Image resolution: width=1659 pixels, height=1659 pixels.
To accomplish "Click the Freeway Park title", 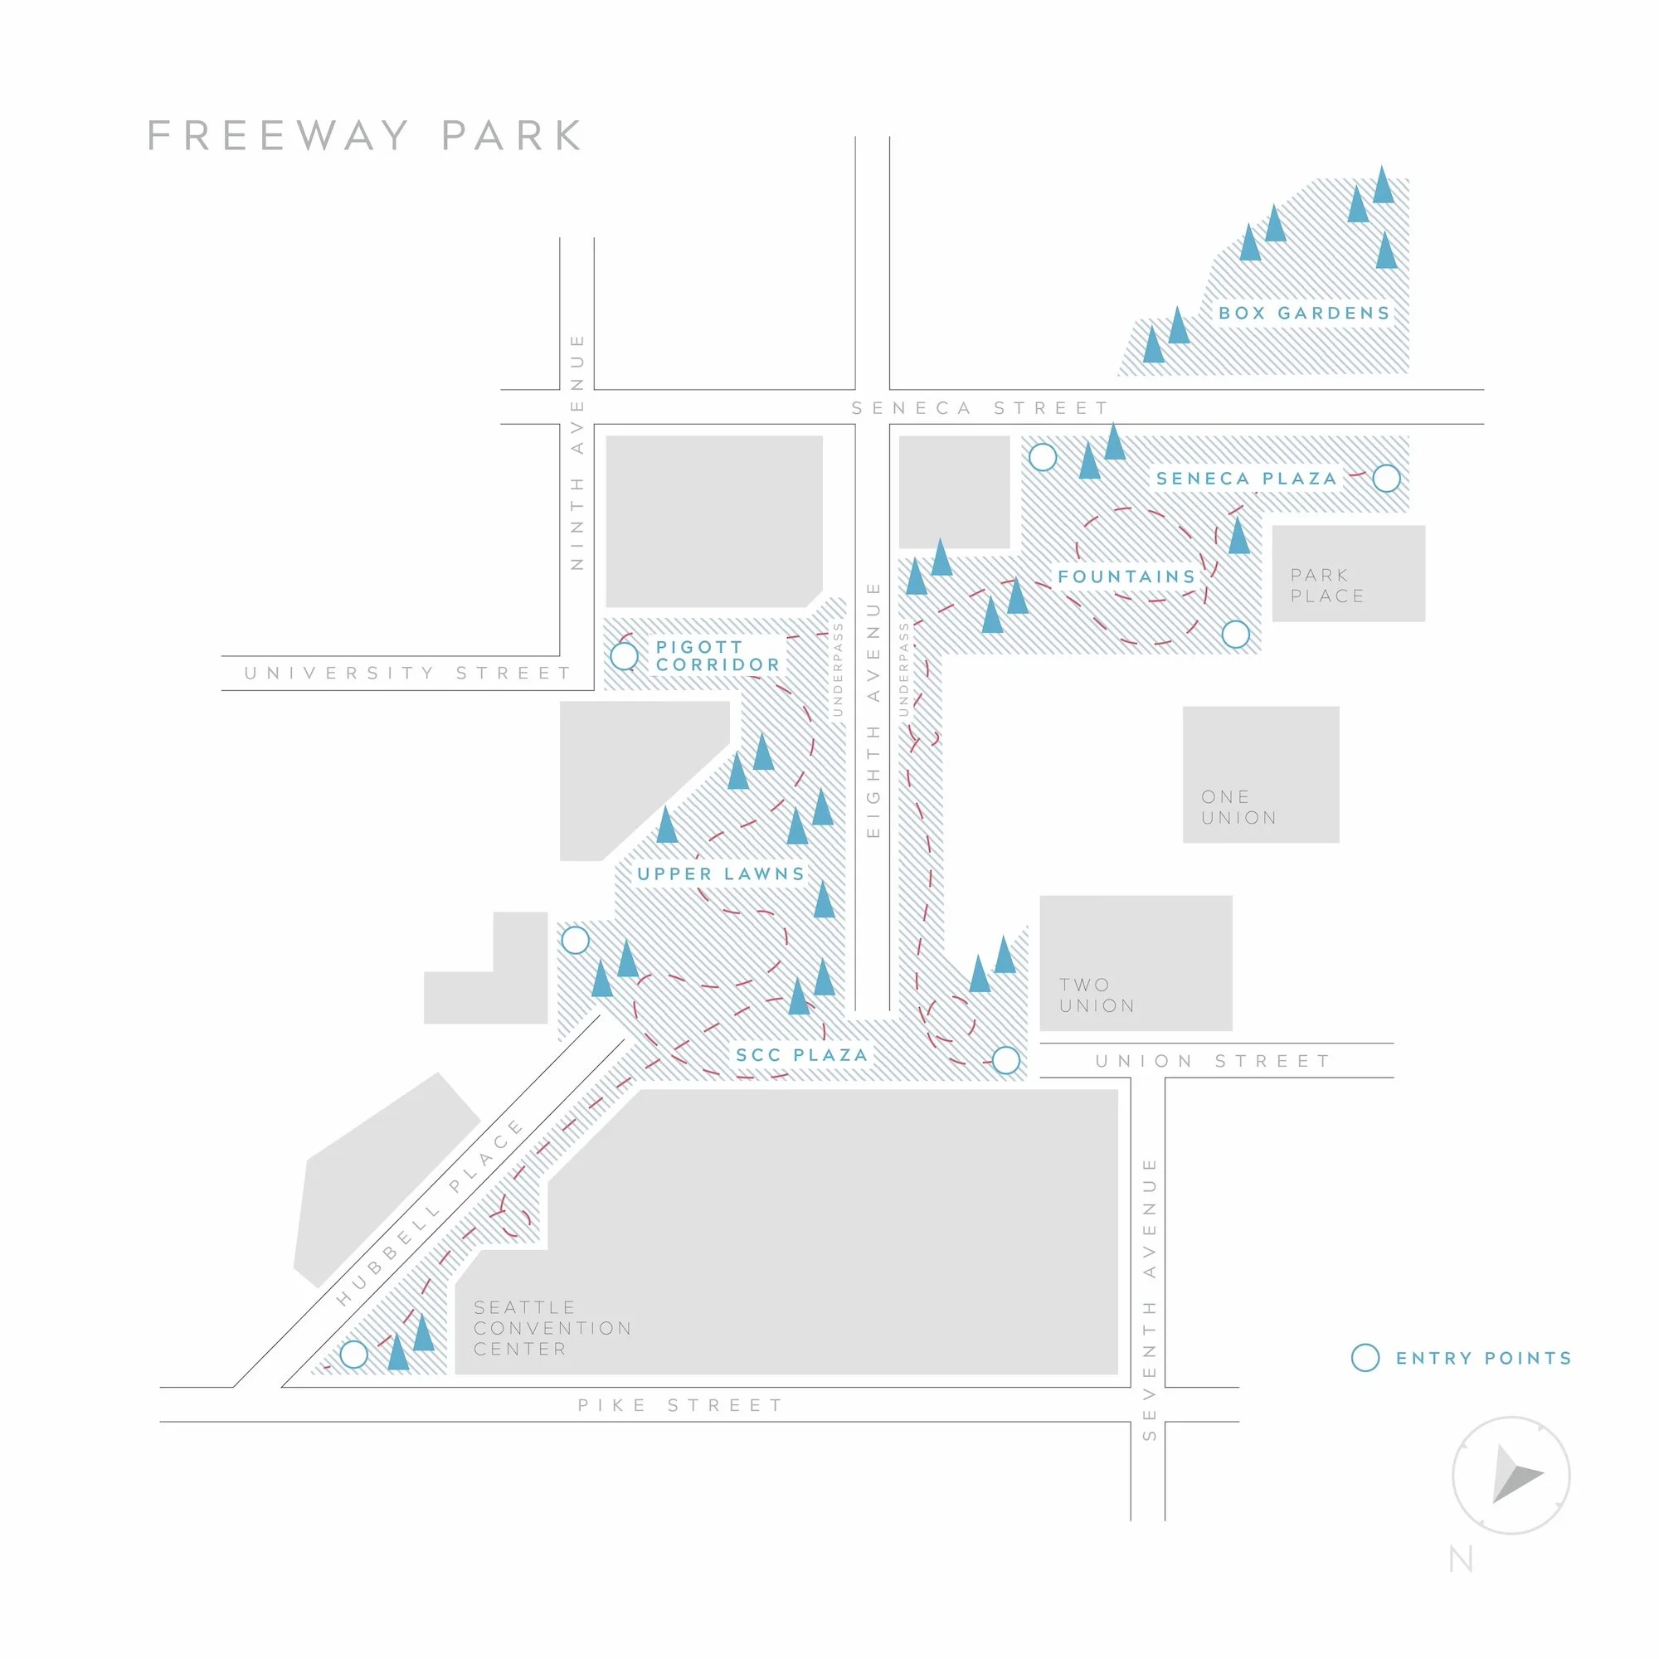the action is [x=365, y=136].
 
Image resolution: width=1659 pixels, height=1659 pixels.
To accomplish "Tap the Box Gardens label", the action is [x=1303, y=314].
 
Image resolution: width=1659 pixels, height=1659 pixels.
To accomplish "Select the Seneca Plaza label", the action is [x=1246, y=479].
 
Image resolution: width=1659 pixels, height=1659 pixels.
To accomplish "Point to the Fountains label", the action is [x=1126, y=577].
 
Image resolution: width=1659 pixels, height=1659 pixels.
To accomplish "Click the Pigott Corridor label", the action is [x=718, y=656].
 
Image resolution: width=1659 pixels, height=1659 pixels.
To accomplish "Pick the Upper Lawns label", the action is [x=722, y=874].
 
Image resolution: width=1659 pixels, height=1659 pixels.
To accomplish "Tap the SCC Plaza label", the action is [x=802, y=1054].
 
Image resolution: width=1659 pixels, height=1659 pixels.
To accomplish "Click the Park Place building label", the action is [x=1327, y=585].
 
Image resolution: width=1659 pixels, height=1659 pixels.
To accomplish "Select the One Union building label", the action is [x=1239, y=807].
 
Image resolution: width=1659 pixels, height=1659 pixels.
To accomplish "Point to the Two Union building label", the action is [x=1097, y=995].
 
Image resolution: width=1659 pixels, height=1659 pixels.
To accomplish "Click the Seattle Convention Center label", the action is [x=553, y=1327].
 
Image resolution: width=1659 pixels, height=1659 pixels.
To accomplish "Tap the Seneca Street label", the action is [x=980, y=408].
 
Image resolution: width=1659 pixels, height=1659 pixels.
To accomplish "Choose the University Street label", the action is [x=408, y=673].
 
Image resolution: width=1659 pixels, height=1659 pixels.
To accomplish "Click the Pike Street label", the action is [x=680, y=1405].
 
